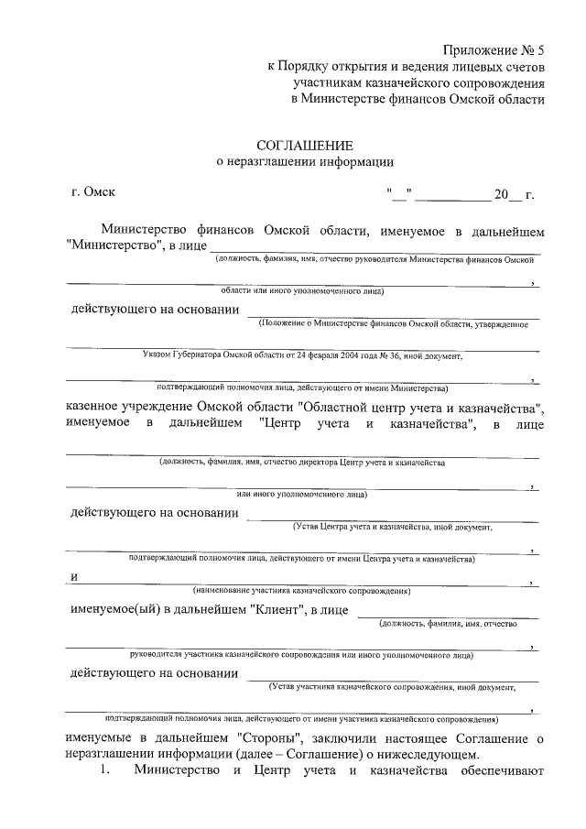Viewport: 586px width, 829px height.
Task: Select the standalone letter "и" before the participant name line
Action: click(x=72, y=576)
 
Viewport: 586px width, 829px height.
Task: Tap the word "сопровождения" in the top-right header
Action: click(x=502, y=82)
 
